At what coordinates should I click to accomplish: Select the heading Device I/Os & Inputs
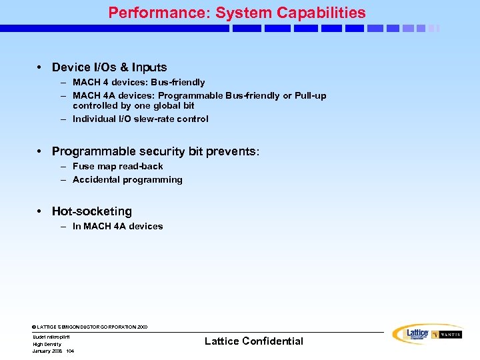tap(109, 67)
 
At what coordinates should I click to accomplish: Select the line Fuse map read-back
tap(117, 167)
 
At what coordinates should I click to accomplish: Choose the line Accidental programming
tap(127, 180)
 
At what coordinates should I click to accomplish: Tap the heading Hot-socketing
tap(92, 211)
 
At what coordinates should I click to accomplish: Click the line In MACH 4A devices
tap(117, 227)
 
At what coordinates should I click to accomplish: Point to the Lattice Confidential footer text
tap(253, 341)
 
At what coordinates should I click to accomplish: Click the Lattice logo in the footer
tap(411, 334)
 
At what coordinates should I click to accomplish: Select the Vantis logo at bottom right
tap(447, 335)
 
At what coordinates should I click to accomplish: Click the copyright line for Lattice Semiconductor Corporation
tap(90, 327)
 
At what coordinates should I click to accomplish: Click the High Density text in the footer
tap(47, 344)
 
